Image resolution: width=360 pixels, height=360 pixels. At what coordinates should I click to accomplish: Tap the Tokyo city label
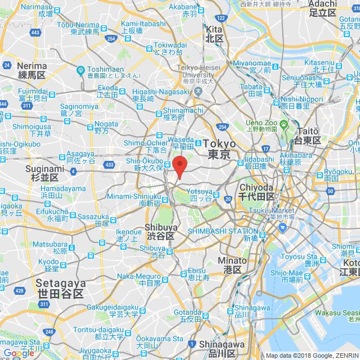[x=218, y=149]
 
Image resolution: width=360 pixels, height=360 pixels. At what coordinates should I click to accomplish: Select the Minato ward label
[x=232, y=265]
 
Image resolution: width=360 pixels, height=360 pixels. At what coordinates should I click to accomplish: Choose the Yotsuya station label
[x=201, y=195]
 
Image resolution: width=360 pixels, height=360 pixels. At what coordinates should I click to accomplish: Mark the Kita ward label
[x=214, y=33]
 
